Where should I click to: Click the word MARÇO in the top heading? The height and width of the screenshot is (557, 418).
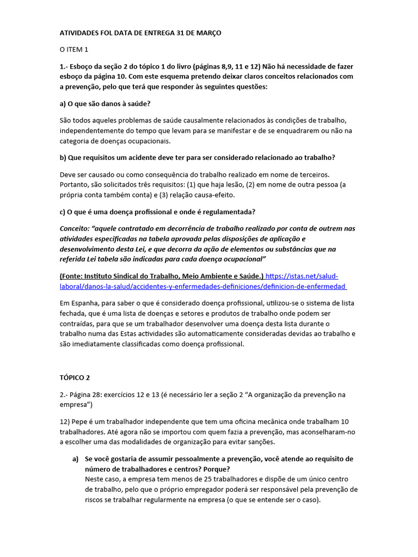point(207,33)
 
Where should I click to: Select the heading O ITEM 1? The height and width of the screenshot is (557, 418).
point(73,49)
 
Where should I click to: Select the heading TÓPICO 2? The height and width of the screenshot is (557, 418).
point(75,377)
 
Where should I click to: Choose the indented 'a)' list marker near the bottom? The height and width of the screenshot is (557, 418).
point(76,459)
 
